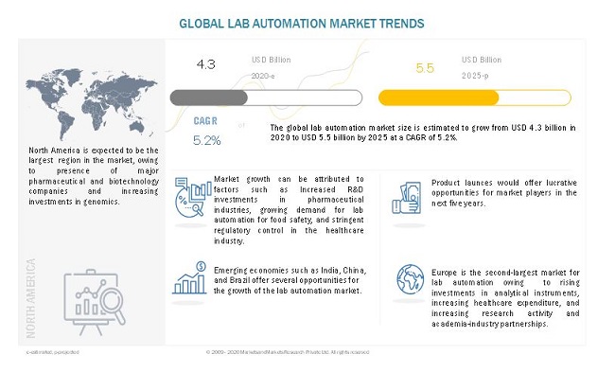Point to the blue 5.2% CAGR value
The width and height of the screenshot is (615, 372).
[206, 140]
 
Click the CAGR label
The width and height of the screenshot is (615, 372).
[205, 122]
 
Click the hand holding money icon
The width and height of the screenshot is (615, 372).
[407, 195]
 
